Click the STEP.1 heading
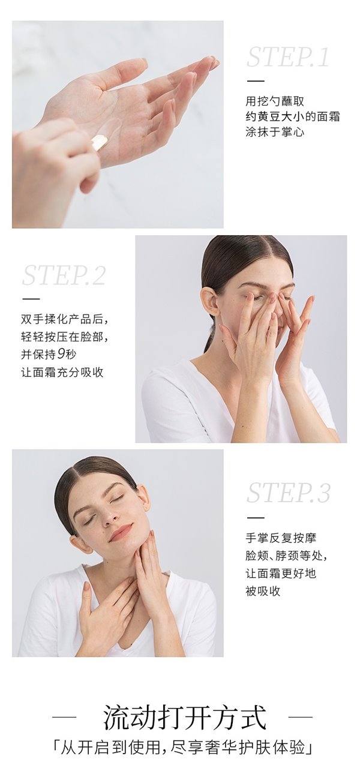click(287, 57)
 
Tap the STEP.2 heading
click(64, 275)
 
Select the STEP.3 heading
click(289, 493)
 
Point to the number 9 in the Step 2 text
click(61, 354)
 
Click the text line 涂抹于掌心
click(275, 132)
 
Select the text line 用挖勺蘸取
click(275, 101)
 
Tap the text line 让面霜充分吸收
click(62, 372)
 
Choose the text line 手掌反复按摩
click(281, 538)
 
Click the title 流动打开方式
click(185, 716)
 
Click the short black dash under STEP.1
click(256, 81)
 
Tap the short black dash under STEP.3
click(256, 517)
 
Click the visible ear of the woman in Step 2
click(210, 302)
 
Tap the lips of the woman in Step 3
click(120, 531)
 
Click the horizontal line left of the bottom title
click(64, 716)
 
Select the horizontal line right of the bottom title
click(301, 716)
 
